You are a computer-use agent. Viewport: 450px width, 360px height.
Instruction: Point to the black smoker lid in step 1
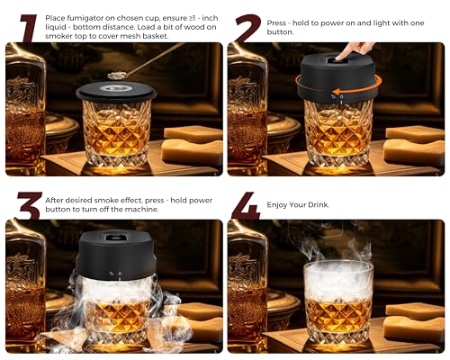[x=114, y=90]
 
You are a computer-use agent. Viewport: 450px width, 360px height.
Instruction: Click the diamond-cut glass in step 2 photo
[x=338, y=135]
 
